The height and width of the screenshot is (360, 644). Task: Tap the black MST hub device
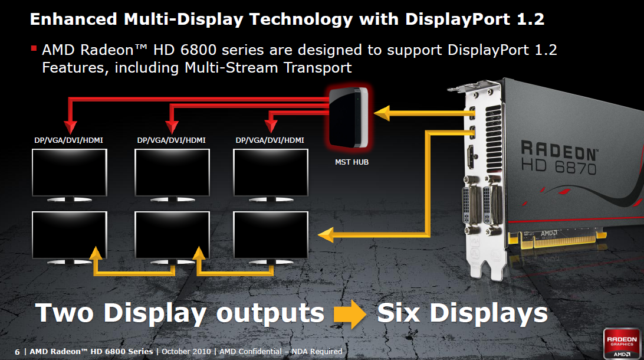(x=349, y=117)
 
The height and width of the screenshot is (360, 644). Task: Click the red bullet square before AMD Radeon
(x=34, y=48)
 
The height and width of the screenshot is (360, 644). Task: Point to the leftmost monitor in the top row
(x=69, y=172)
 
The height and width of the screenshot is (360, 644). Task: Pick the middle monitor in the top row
(x=172, y=172)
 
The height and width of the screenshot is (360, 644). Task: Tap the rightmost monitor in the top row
(x=270, y=172)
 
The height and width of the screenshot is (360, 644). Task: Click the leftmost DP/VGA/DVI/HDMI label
(x=69, y=140)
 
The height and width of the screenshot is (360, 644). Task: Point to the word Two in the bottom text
(x=65, y=313)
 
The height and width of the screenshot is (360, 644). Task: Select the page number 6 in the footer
(x=17, y=352)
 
